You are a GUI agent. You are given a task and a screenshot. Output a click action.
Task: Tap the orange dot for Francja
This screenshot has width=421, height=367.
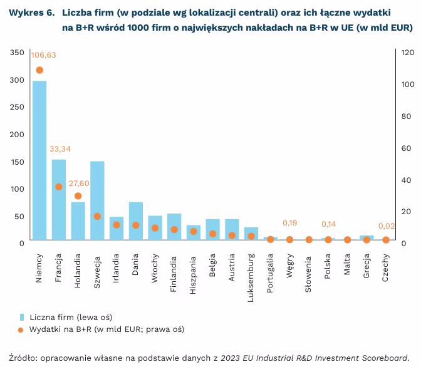[59, 187]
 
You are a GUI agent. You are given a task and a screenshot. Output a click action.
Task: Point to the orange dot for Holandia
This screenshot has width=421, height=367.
[78, 196]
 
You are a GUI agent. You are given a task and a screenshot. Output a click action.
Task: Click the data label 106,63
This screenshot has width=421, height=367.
[44, 55]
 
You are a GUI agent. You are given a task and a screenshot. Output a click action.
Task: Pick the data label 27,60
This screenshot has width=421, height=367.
[80, 183]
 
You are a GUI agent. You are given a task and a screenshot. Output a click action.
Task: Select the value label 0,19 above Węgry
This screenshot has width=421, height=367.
[289, 223]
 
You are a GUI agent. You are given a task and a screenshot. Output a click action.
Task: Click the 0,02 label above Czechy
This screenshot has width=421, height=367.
[387, 226]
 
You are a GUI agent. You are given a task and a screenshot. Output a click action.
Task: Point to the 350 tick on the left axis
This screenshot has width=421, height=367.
[18, 53]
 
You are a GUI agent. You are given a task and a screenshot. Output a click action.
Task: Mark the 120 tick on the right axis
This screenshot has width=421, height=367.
[407, 53]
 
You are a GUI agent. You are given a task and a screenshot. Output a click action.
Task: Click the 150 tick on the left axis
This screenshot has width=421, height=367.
[18, 162]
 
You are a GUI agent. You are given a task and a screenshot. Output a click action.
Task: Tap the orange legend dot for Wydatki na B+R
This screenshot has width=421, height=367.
[21, 329]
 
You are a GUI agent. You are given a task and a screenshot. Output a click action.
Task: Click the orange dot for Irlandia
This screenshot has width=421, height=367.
[117, 224]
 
